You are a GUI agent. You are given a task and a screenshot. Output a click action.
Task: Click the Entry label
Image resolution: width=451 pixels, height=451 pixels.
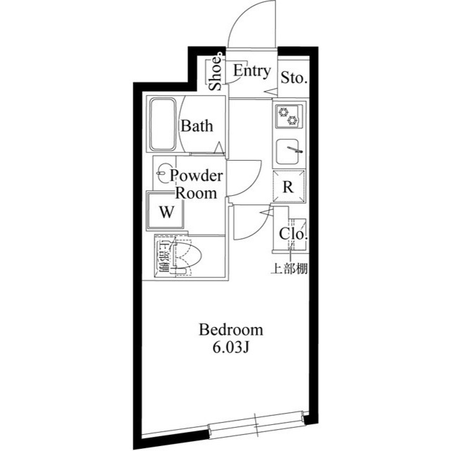point(251,71)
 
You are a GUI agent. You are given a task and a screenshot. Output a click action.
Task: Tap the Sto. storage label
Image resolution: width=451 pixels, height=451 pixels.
point(293,78)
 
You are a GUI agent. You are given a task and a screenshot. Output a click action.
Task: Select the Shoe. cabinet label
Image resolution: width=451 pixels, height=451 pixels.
point(216,74)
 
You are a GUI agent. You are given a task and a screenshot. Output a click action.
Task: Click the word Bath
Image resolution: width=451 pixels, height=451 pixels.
point(197,127)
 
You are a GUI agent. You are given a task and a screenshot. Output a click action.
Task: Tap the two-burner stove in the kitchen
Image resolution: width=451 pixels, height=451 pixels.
point(288,115)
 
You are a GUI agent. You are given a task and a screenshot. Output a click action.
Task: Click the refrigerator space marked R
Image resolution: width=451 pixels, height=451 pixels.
point(288,187)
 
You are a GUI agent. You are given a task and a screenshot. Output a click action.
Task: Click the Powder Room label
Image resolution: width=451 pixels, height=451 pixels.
point(197,184)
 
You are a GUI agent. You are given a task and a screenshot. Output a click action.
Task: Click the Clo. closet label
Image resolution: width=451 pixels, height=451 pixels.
point(292,235)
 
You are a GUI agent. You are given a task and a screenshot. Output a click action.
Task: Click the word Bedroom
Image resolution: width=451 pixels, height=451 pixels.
point(230,330)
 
